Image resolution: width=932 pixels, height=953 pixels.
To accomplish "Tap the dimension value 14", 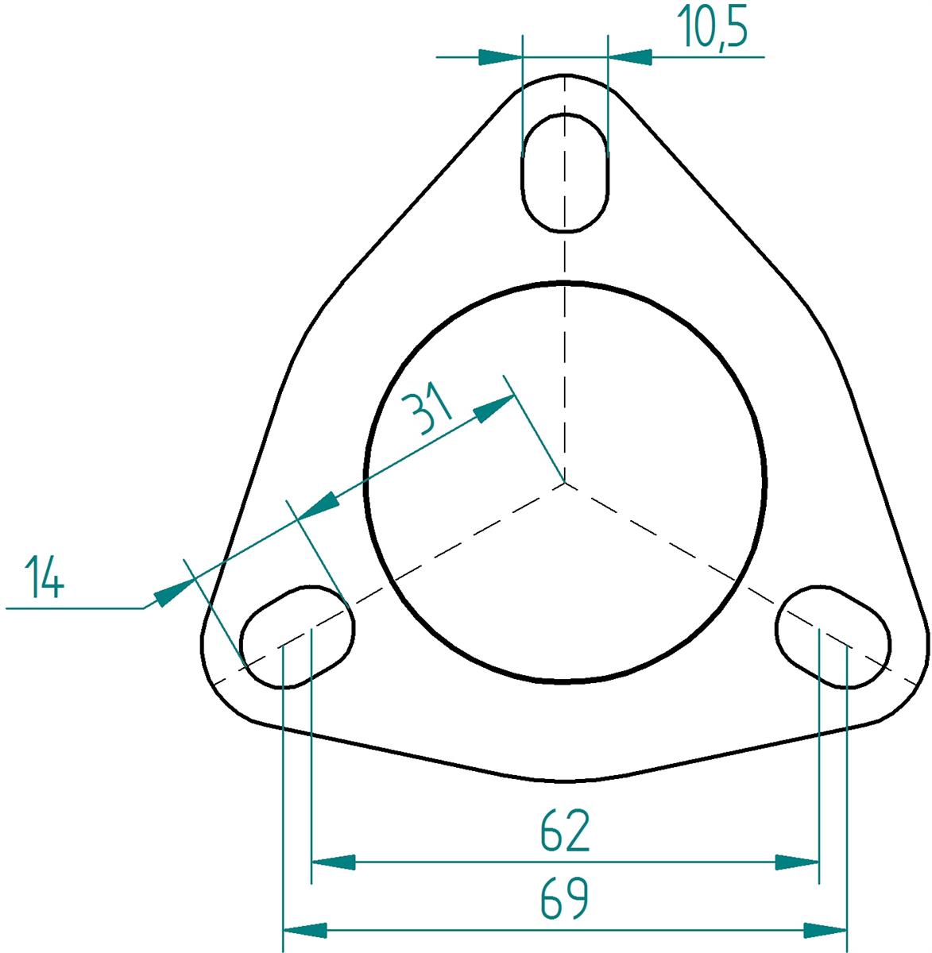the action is pyautogui.click(x=44, y=577).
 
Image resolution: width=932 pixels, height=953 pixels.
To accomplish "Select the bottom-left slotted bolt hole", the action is pyautogui.click(x=297, y=636).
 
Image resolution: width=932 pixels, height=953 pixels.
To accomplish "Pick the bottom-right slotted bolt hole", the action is pyautogui.click(x=833, y=636).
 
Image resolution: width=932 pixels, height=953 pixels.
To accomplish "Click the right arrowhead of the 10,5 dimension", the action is pyautogui.click(x=630, y=57).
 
